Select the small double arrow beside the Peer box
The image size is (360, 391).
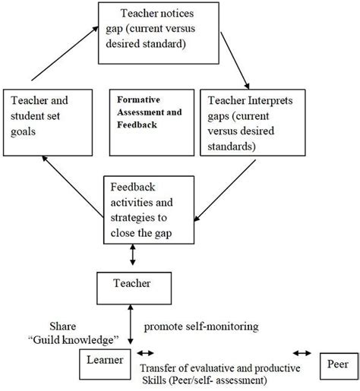[x=302, y=353]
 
